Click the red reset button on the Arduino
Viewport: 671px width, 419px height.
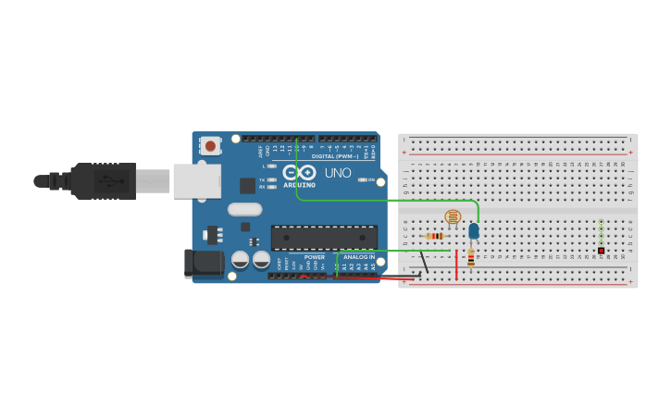coord(211,145)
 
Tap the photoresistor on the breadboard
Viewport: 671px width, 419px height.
coord(453,217)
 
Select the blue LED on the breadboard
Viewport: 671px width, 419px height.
coord(474,231)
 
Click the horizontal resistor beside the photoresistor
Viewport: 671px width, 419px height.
coord(434,236)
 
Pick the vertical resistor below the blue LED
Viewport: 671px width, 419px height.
coord(471,257)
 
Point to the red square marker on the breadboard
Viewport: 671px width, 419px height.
coord(601,251)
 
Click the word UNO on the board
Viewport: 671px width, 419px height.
coord(338,173)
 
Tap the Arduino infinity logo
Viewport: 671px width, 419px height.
coord(300,172)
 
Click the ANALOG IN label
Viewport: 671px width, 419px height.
coord(359,257)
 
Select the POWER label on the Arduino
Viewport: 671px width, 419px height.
coord(315,257)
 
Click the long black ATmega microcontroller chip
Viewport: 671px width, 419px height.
coord(324,237)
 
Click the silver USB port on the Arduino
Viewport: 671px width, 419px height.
coord(196,181)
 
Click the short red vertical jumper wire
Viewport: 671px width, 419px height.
coord(456,265)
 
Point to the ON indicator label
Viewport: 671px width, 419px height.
coord(369,179)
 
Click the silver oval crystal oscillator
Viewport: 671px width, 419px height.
coord(245,209)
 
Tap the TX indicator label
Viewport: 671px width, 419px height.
coord(262,179)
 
